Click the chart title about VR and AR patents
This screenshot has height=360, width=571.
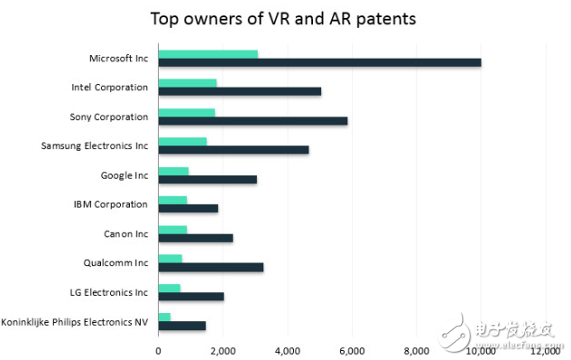pos(284,18)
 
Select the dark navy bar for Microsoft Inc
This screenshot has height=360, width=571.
pos(319,62)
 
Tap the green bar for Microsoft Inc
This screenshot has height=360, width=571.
pos(207,54)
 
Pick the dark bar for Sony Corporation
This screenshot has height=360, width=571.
pos(253,121)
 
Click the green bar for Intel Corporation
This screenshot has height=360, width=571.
pos(188,83)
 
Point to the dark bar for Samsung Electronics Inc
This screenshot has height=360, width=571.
pos(233,150)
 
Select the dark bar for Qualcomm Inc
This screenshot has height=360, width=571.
pos(210,267)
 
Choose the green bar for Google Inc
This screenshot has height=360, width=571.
pos(173,171)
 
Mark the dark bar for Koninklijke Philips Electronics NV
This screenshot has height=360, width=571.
pos(181,326)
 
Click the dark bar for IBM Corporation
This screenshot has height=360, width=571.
pos(188,208)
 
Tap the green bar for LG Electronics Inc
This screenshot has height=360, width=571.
pos(169,288)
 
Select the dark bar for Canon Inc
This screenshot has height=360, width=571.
pos(195,238)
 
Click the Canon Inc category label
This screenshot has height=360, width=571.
pos(125,234)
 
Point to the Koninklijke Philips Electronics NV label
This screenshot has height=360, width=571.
pos(75,321)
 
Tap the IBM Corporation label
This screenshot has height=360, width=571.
pos(111,204)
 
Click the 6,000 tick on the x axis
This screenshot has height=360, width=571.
pos(351,350)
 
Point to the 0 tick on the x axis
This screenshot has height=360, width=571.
pos(158,350)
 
